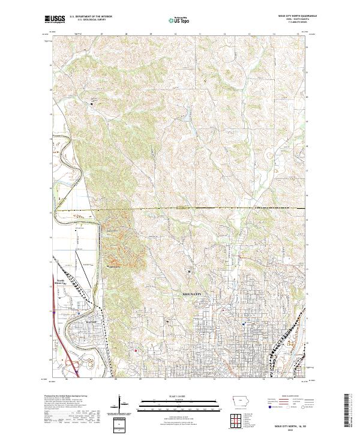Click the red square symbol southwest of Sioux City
[x=136, y=351]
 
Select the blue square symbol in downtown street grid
[x=244, y=324]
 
